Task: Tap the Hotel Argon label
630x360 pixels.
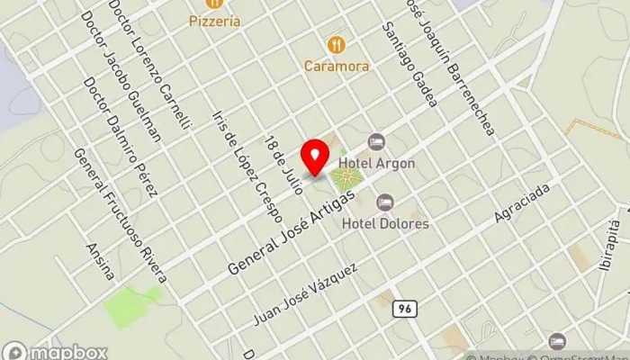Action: click(x=390, y=163)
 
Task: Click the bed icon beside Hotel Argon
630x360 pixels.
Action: click(x=376, y=142)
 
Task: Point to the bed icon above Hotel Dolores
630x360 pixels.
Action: click(x=385, y=202)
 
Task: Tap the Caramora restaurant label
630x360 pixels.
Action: click(x=336, y=66)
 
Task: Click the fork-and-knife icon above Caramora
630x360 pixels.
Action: click(x=336, y=44)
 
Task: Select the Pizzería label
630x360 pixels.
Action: click(x=215, y=21)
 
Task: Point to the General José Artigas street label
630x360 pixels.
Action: click(x=300, y=221)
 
